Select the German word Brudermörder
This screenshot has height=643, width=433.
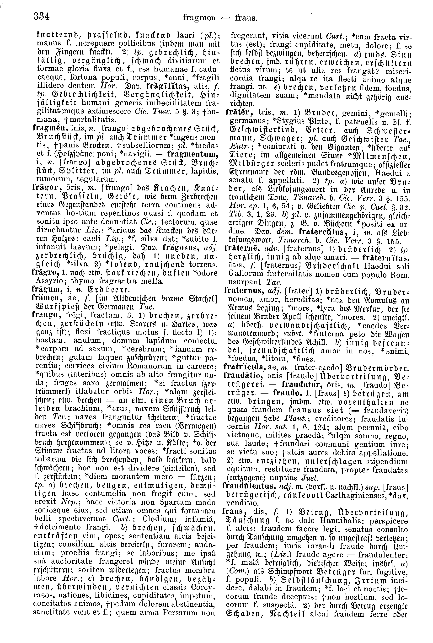(350, 368)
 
